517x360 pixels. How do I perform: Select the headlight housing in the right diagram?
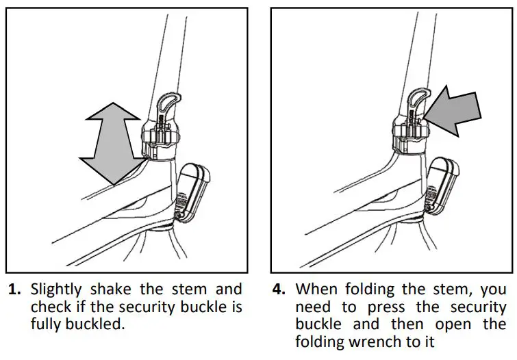coord(440,185)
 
